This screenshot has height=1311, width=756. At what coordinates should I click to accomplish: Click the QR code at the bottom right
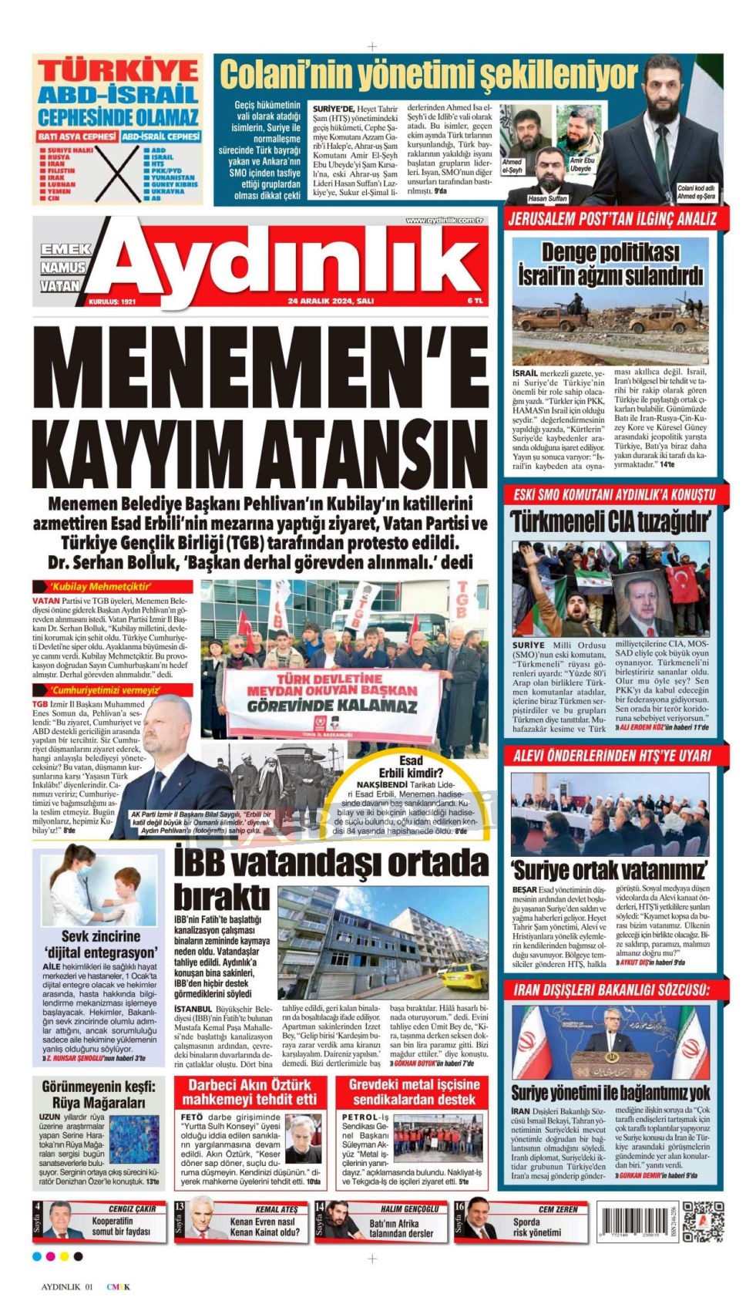click(x=703, y=1221)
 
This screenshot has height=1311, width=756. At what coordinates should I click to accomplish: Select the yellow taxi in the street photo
click(x=465, y=979)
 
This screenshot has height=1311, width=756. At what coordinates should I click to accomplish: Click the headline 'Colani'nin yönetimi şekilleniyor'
click(x=428, y=76)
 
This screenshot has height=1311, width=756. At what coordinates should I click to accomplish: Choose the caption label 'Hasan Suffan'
click(x=547, y=198)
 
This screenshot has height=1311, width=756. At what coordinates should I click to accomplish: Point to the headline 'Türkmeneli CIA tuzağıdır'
click(x=609, y=521)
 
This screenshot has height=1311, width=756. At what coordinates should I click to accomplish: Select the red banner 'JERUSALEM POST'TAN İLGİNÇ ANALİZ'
click(x=612, y=219)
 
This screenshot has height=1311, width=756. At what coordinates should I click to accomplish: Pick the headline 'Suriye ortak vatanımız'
click(x=608, y=870)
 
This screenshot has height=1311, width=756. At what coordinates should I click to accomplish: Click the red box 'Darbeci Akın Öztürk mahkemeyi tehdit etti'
click(x=249, y=1091)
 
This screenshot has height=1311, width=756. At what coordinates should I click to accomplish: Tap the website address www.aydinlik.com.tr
click(x=444, y=221)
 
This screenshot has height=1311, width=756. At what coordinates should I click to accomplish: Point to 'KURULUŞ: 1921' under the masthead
click(x=112, y=302)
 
